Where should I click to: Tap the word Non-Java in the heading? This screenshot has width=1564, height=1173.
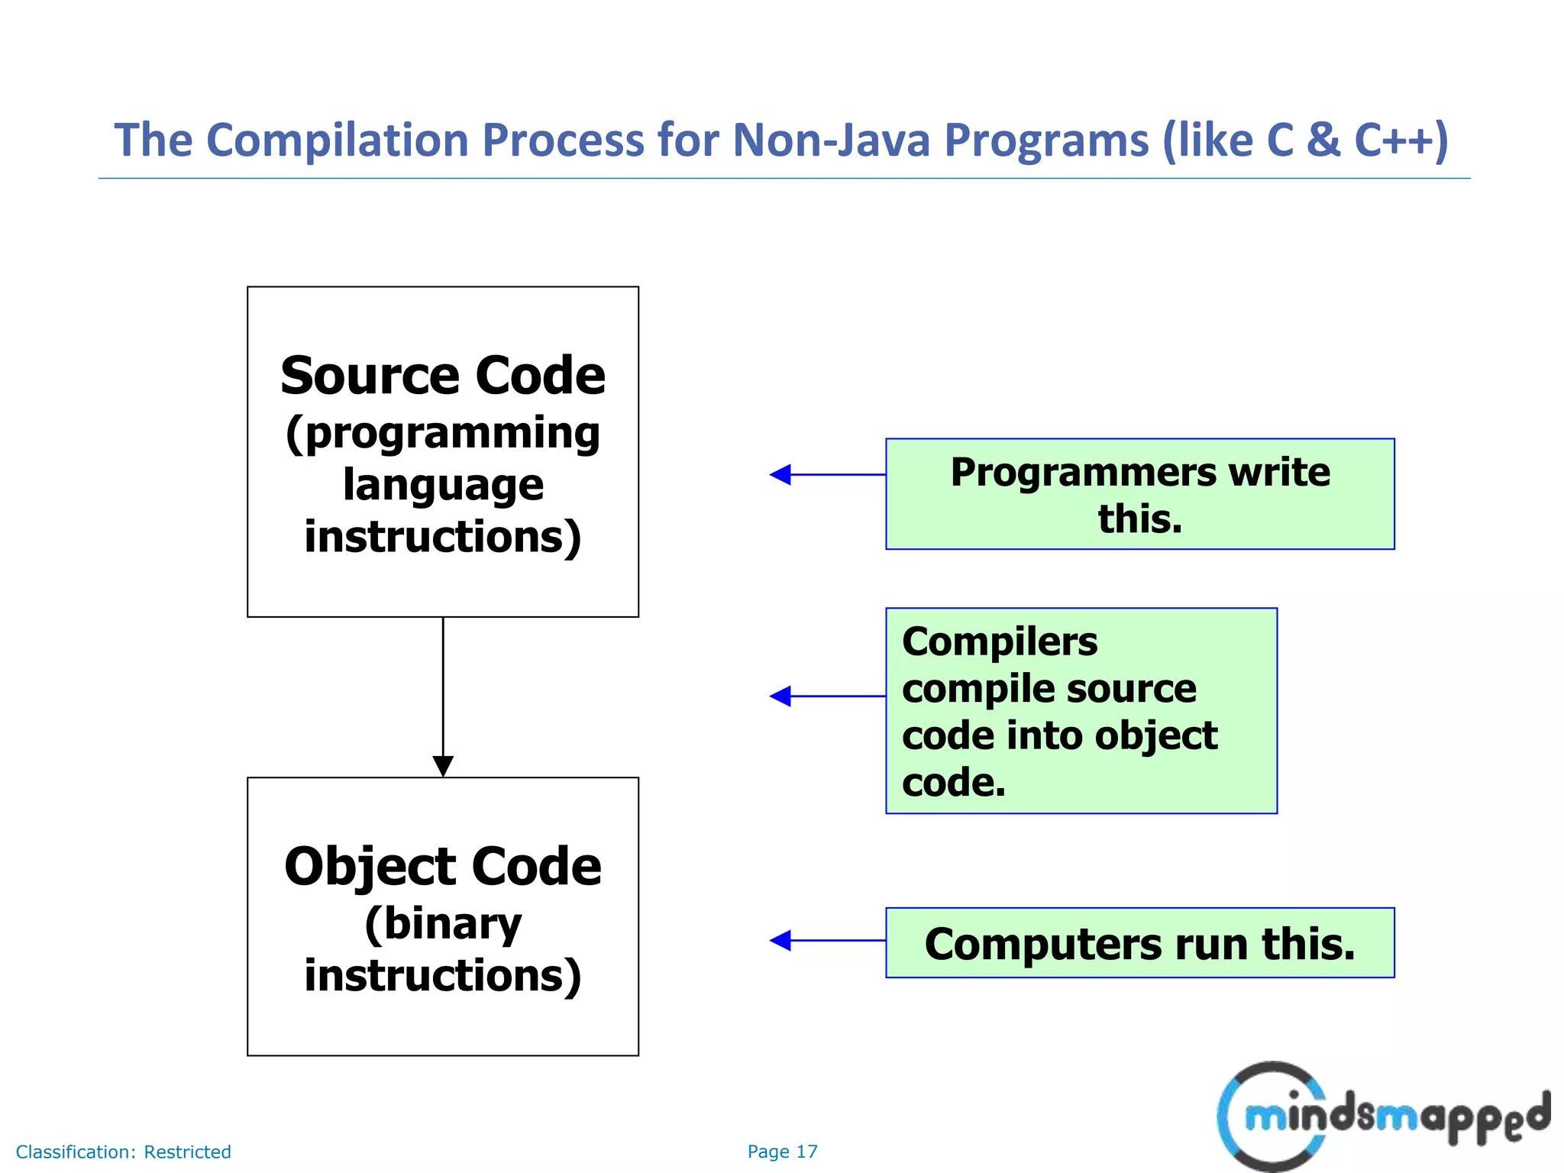pyautogui.click(x=831, y=141)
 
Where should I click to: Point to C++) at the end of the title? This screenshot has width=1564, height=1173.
pyautogui.click(x=1401, y=141)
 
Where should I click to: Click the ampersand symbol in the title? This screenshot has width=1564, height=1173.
pyautogui.click(x=1323, y=141)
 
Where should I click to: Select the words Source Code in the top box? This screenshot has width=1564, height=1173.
pyautogui.click(x=443, y=376)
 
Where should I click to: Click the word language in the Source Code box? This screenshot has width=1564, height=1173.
pyautogui.click(x=443, y=486)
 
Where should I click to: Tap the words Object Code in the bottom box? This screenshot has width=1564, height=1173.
pyautogui.click(x=443, y=867)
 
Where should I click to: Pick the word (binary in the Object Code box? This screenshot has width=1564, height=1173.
pyautogui.click(x=443, y=924)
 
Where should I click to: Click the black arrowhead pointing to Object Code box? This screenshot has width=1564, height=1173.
pyautogui.click(x=443, y=765)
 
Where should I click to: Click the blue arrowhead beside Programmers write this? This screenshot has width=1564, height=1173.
pyautogui.click(x=780, y=475)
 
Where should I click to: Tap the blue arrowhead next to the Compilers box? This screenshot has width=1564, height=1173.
pyautogui.click(x=780, y=696)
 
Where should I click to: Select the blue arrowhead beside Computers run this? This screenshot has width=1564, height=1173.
pyautogui.click(x=780, y=941)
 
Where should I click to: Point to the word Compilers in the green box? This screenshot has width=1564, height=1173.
pyautogui.click(x=999, y=641)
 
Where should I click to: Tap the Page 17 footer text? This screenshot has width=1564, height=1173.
pyautogui.click(x=782, y=1152)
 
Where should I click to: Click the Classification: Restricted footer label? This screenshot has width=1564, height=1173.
pyautogui.click(x=123, y=1152)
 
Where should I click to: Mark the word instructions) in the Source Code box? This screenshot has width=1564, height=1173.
pyautogui.click(x=443, y=538)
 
